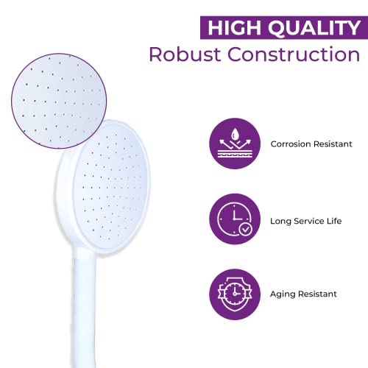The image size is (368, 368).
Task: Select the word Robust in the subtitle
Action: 188,54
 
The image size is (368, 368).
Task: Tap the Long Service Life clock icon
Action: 233,219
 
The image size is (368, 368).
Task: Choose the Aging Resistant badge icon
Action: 233,293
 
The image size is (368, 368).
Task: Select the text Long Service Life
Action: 305,219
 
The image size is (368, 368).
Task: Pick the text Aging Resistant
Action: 303,294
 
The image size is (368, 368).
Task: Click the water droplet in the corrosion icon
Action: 233,135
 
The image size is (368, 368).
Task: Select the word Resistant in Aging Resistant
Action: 317,294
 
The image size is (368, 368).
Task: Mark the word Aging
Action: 283,294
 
